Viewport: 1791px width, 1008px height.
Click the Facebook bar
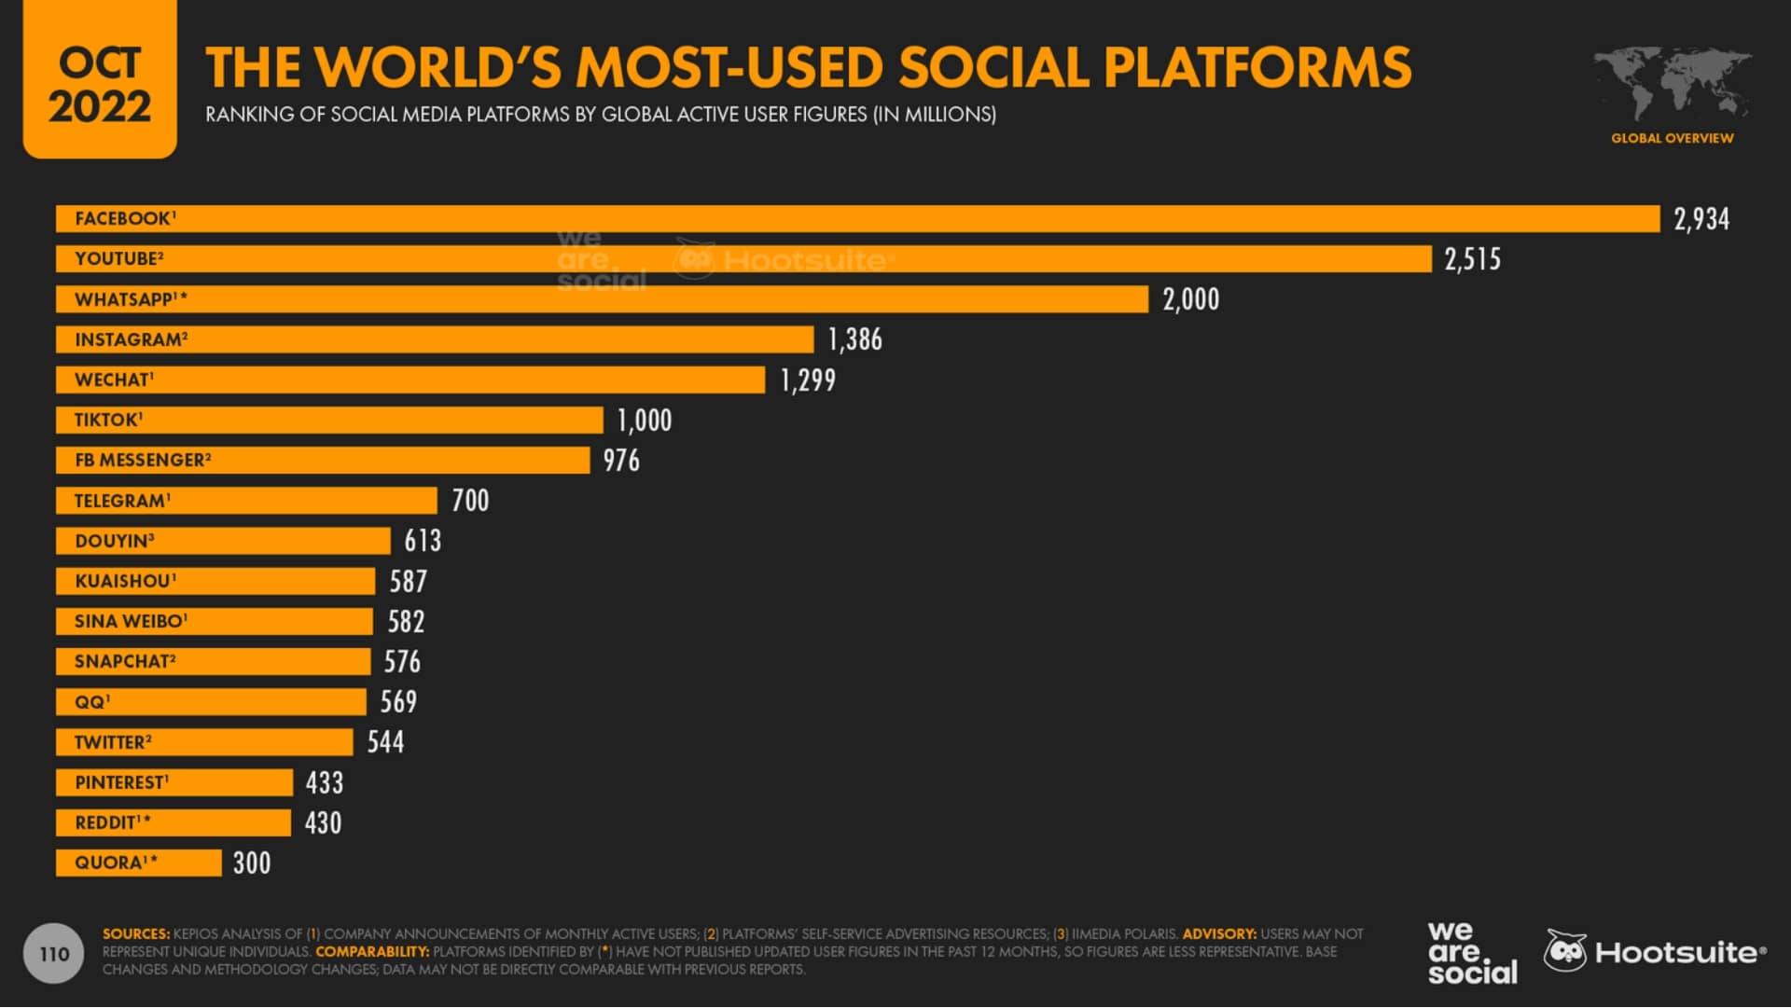[858, 219]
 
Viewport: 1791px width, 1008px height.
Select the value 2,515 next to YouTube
[1472, 259]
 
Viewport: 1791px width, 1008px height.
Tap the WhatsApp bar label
[131, 299]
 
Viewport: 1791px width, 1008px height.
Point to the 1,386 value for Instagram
[854, 339]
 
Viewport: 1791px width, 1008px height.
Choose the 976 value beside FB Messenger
[621, 461]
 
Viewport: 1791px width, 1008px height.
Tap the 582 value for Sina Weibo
[406, 622]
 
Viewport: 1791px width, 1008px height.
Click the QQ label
[91, 702]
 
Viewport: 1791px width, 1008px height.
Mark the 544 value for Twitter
[385, 742]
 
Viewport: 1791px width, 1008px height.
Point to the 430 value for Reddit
[323, 822]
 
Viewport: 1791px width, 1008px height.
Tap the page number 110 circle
[54, 954]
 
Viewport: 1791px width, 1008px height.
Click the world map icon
[1672, 84]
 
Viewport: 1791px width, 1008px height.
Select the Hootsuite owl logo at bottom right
[1565, 951]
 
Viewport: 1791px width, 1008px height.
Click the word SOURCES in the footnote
[135, 933]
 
